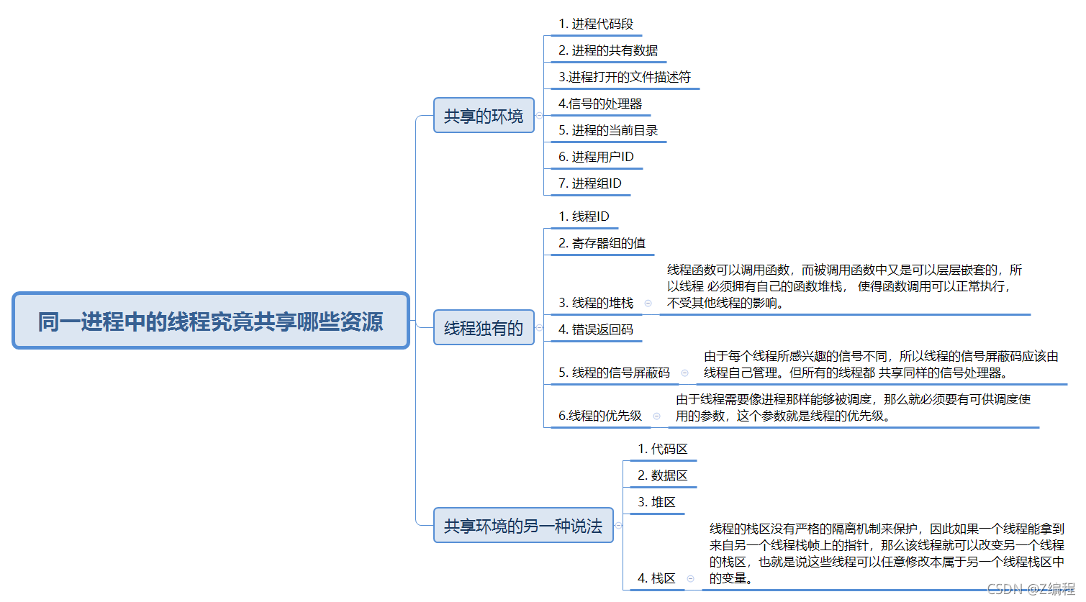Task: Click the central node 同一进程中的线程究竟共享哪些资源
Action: [x=211, y=321]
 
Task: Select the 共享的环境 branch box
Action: [x=484, y=116]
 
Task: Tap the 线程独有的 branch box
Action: [x=484, y=328]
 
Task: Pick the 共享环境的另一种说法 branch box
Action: [x=523, y=526]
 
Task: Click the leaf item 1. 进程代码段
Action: [x=596, y=24]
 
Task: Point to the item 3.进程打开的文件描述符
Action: [x=625, y=77]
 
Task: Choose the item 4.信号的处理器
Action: [x=600, y=104]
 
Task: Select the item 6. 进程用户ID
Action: [x=596, y=157]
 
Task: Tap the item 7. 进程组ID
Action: [x=590, y=183]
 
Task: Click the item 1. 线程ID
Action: [x=584, y=216]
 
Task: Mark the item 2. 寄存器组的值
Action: [x=602, y=243]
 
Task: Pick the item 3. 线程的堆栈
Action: [x=596, y=303]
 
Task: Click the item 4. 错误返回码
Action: [x=596, y=329]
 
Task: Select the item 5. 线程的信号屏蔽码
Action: [x=614, y=373]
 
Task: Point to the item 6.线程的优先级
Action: [x=600, y=416]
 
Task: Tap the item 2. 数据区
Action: [x=663, y=475]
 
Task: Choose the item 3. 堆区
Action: [x=656, y=502]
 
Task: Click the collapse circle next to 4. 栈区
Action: [x=690, y=578]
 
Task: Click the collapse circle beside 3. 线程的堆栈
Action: [x=648, y=304]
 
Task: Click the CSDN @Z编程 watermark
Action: [x=1031, y=590]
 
